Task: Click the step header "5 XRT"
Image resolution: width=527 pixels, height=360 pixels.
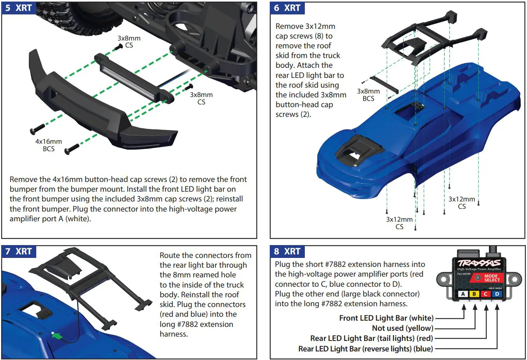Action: click(19, 8)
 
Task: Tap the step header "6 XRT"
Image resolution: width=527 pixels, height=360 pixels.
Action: click(287, 8)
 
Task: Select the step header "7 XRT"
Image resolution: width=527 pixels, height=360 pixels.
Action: click(19, 251)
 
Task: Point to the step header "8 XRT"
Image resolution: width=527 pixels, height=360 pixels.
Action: click(287, 251)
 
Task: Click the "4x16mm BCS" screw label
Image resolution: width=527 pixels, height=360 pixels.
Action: click(49, 145)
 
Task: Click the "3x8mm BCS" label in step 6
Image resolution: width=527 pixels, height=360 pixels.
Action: click(368, 95)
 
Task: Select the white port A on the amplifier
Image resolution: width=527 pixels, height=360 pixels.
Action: click(463, 294)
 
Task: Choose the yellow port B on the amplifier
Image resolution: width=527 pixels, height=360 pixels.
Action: click(474, 294)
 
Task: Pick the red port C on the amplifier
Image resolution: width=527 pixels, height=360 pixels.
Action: click(486, 294)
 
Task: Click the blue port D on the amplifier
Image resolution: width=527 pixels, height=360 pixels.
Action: click(497, 294)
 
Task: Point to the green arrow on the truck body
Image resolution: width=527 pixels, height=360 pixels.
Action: click(57, 335)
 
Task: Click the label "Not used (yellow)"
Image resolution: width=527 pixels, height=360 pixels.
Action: click(402, 328)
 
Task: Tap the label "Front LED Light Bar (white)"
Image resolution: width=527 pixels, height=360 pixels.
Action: click(386, 318)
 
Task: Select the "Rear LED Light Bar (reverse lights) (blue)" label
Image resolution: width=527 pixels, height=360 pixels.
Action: click(366, 349)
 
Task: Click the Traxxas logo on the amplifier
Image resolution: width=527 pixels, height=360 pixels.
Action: click(479, 263)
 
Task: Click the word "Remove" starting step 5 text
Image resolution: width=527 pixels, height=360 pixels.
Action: click(24, 179)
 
